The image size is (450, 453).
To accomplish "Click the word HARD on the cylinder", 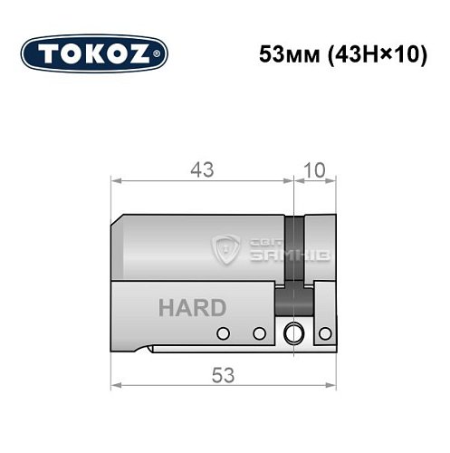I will [x=192, y=307].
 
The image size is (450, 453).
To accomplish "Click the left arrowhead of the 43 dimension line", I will [x=114, y=179].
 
